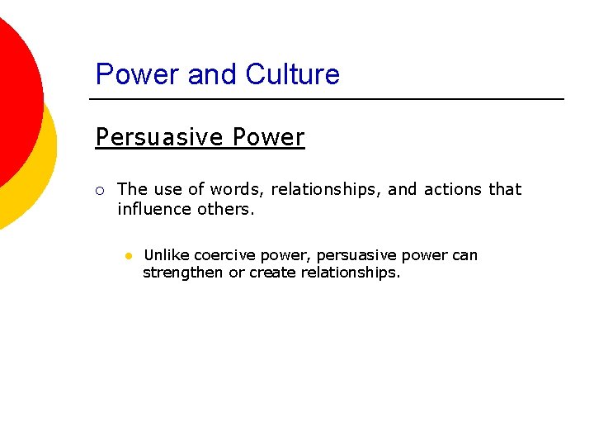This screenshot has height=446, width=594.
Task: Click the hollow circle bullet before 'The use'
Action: click(99, 190)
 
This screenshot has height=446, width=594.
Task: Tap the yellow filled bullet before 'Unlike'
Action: click(129, 256)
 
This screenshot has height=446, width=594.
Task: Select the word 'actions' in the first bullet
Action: click(453, 189)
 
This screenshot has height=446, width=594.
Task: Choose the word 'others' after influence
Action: click(225, 209)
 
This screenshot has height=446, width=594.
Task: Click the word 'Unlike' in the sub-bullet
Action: click(167, 255)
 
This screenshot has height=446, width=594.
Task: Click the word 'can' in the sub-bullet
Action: click(464, 255)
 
